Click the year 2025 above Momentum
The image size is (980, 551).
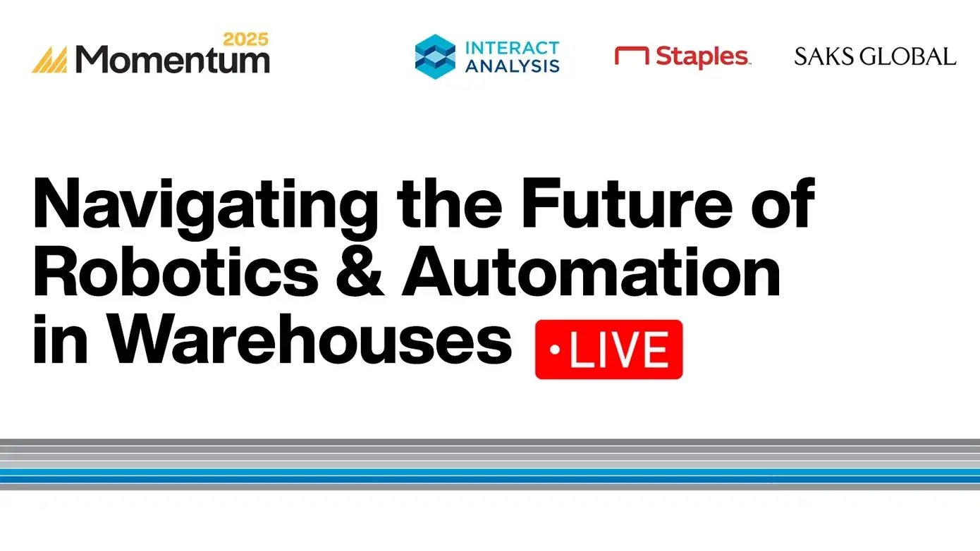246,39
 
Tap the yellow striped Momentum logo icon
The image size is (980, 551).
50,59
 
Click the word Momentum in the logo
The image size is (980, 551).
172,59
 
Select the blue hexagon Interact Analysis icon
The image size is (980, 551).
435,57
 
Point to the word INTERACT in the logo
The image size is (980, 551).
513,48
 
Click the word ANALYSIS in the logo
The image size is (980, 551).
513,66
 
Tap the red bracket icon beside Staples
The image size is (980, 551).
632,56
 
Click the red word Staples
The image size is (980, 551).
702,57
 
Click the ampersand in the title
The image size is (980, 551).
360,271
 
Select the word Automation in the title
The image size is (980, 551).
591,271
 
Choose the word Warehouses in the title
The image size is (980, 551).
309,339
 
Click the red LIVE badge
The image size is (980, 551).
608,349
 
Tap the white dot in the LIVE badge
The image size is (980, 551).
555,350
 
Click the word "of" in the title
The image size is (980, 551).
783,204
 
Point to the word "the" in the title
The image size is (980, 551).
450,204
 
